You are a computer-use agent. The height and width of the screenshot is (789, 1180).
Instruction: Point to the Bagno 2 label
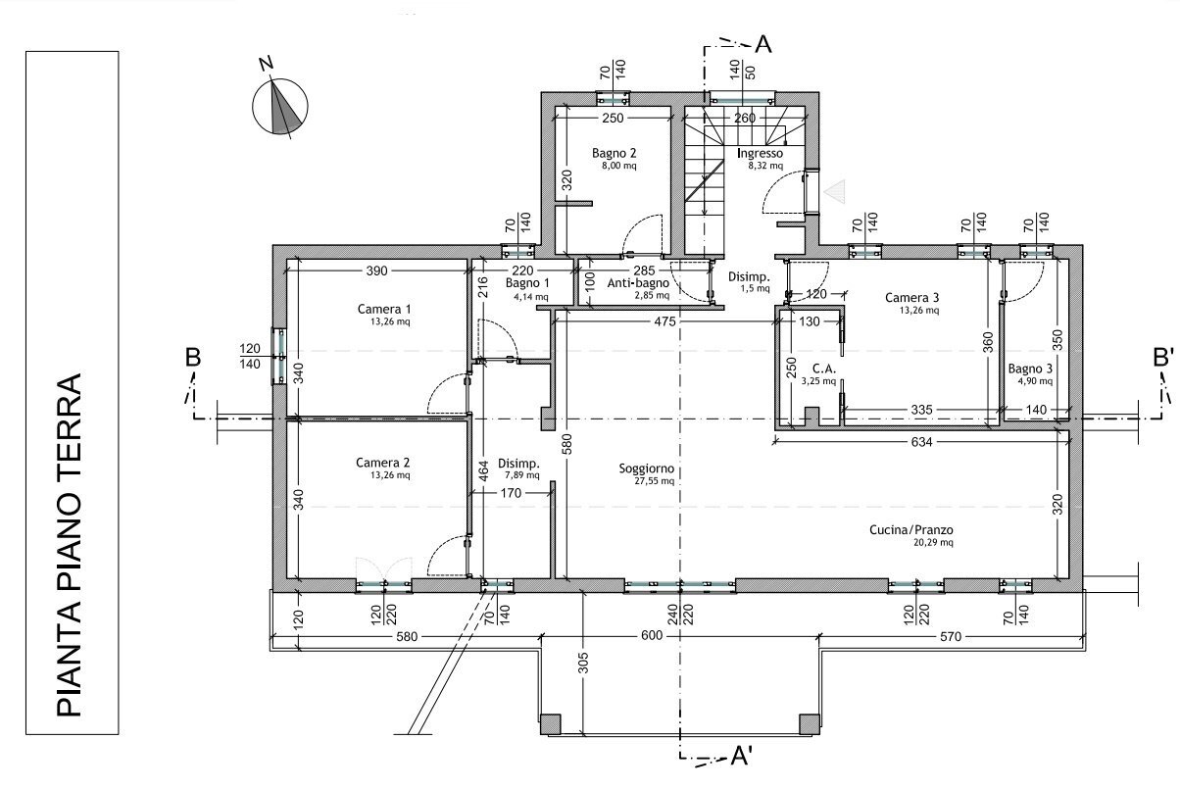pyautogui.click(x=615, y=154)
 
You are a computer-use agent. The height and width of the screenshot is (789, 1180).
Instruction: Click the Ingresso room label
pyautogui.click(x=760, y=154)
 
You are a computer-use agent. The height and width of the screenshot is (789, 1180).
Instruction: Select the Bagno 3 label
pyautogui.click(x=1030, y=370)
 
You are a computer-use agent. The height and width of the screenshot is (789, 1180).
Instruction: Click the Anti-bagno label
pyautogui.click(x=636, y=283)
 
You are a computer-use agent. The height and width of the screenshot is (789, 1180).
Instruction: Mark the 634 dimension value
pyautogui.click(x=920, y=442)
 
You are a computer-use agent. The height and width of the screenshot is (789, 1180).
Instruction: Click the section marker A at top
pyautogui.click(x=763, y=45)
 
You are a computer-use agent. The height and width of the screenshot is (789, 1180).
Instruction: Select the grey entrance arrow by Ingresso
pyautogui.click(x=832, y=192)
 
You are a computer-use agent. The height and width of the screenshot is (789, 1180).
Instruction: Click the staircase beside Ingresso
pyautogui.click(x=706, y=176)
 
